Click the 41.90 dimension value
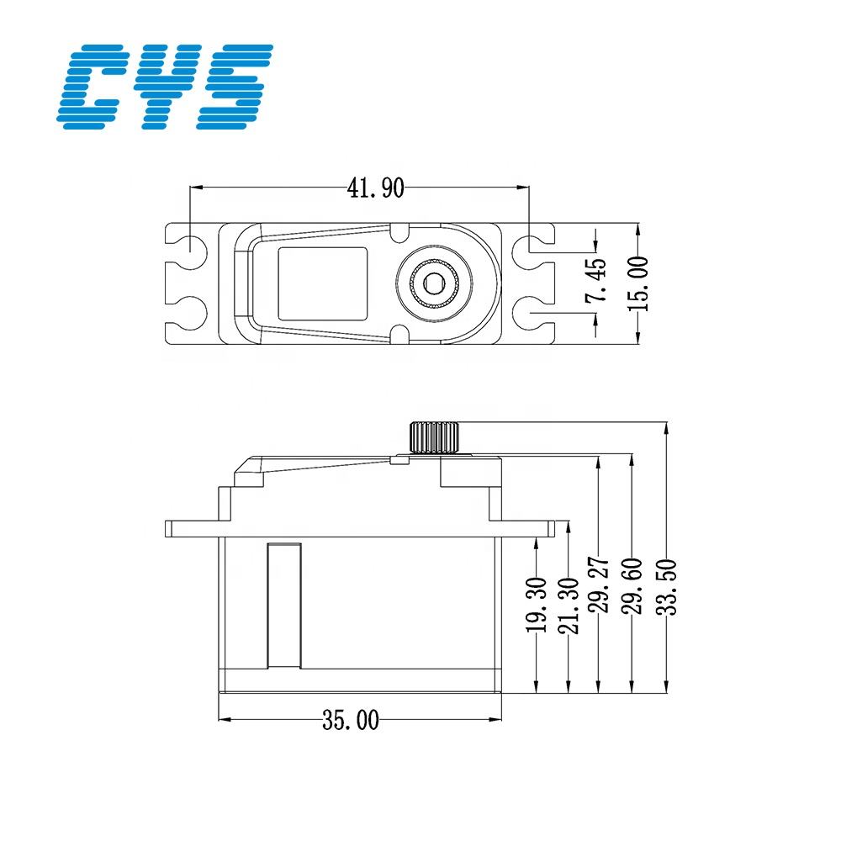[376, 189]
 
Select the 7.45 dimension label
[595, 281]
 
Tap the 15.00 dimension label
[639, 284]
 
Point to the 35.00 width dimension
[351, 720]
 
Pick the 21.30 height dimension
[569, 604]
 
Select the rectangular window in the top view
[324, 283]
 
